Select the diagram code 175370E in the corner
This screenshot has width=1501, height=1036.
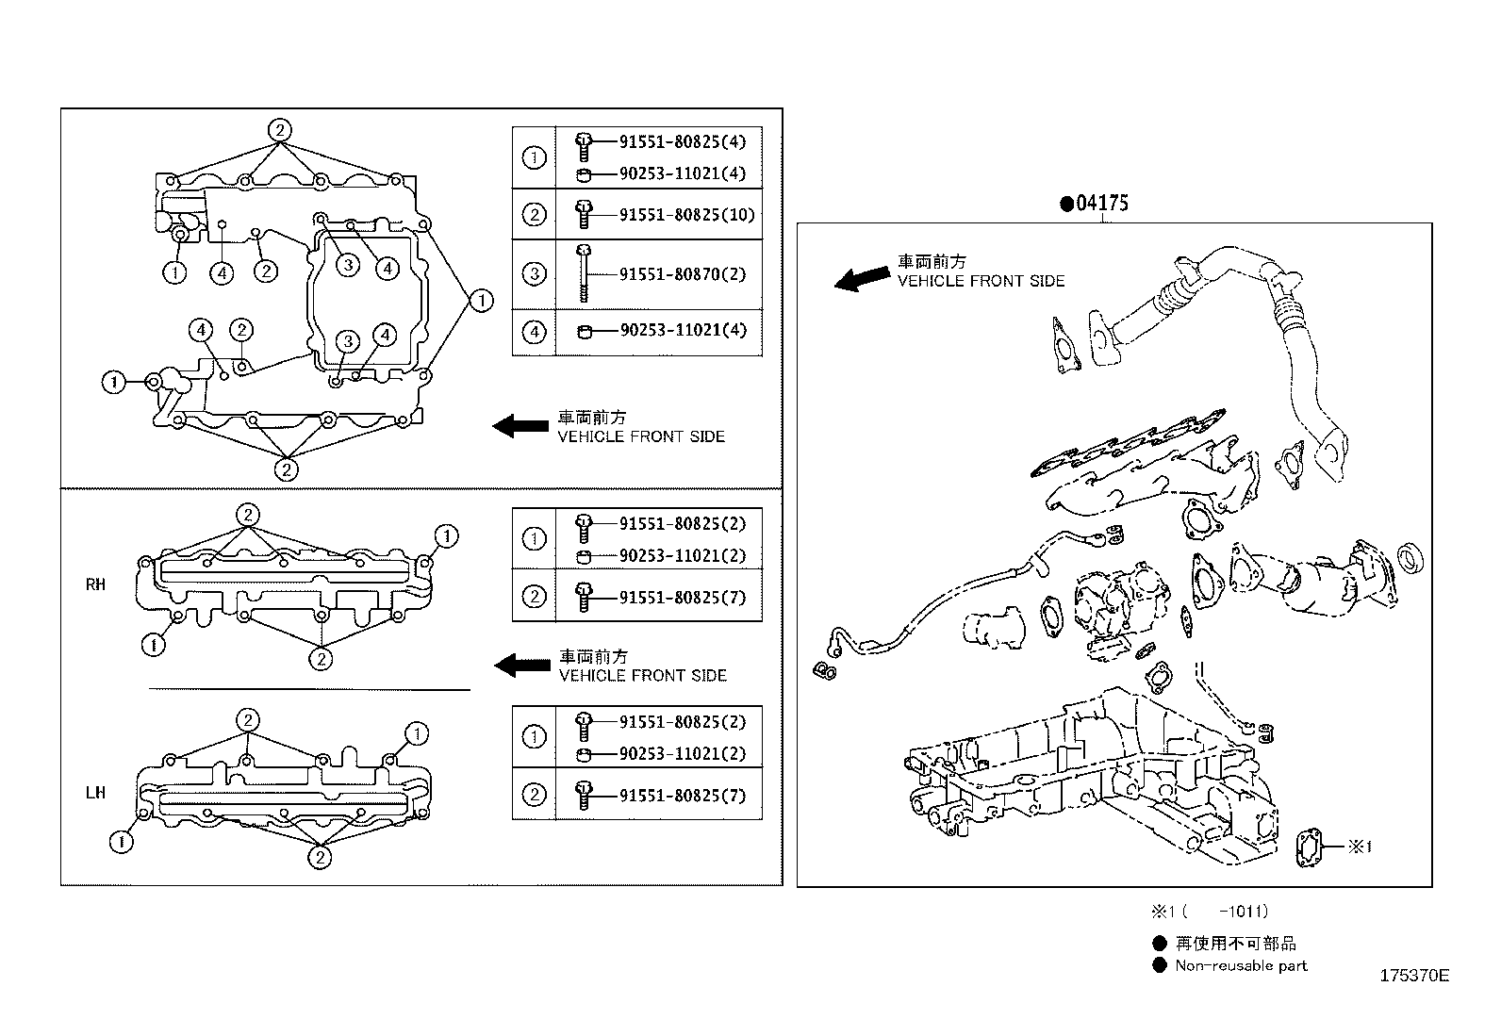tap(1413, 976)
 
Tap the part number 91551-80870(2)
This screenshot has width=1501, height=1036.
tap(682, 274)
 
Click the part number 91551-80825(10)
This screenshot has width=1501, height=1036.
tap(686, 214)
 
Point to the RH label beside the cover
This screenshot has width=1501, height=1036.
tap(95, 584)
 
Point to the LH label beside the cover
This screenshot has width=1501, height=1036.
tap(95, 793)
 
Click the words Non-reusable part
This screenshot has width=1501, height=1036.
tap(1241, 965)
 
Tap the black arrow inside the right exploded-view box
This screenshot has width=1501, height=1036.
tap(862, 277)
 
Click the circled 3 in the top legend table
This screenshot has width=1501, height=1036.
tap(534, 274)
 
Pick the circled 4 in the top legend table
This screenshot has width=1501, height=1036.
tap(534, 332)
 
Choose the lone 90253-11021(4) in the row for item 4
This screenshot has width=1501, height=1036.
tap(682, 331)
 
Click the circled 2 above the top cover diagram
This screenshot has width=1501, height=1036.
tap(279, 130)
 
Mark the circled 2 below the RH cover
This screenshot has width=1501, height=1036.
tap(321, 659)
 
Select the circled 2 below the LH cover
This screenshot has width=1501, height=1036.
tap(321, 857)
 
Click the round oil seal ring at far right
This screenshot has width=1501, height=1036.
tap(1410, 557)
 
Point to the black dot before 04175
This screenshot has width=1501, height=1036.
tap(1066, 203)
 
